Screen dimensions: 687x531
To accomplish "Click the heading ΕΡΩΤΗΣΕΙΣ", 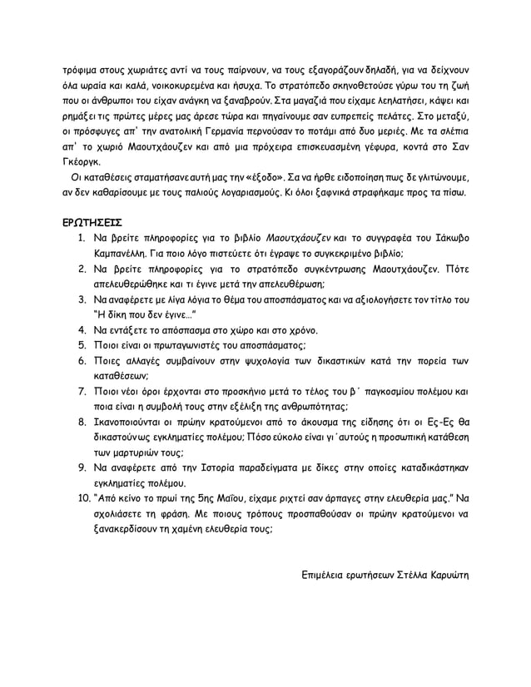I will [x=92, y=223].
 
